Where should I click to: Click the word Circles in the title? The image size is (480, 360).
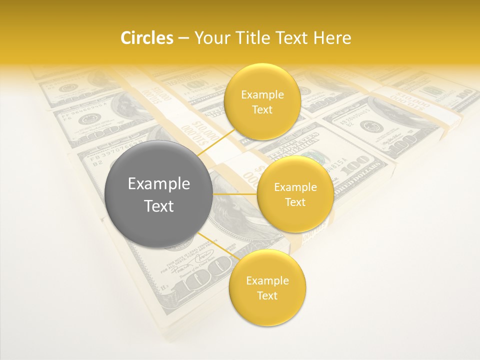147,38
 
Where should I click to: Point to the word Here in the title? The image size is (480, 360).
332,38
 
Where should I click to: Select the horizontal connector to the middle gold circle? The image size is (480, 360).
235,194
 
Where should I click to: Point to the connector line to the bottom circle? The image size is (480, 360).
216,245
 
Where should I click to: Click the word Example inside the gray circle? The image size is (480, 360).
159,184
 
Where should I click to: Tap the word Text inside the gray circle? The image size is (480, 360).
159,206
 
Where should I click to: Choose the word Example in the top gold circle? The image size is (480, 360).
262,94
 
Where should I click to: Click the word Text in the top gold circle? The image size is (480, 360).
262,109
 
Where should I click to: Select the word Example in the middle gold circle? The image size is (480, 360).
295,187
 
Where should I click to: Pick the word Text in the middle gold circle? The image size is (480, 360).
295,202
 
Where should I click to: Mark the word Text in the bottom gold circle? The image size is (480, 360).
267,295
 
